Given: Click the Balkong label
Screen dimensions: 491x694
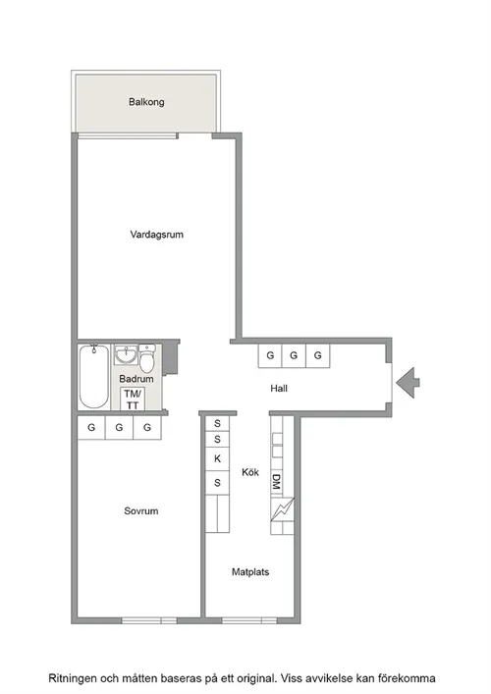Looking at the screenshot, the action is coord(146,102).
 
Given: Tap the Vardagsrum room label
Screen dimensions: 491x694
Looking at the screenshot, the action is coord(157,235).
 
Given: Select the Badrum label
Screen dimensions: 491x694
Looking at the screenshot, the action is coord(136,379).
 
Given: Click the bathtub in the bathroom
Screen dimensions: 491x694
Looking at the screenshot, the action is coord(94,376).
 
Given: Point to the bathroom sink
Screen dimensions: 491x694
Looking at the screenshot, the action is coord(127,354).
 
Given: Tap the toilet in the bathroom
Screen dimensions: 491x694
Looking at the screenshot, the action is coord(147,358).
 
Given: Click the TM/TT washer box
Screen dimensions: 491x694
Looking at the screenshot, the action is coord(133,399).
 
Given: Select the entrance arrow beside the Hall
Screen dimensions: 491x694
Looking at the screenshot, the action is coord(408,383).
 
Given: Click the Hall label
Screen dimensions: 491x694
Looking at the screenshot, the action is coord(279,389).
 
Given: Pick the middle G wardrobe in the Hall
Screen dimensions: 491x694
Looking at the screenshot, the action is coord(294,355).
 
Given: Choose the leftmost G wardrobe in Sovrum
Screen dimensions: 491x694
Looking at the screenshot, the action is coord(91,428).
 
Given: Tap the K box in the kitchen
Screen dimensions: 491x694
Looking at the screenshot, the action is coord(217,459).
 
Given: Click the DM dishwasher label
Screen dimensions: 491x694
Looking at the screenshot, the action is coord(276,482).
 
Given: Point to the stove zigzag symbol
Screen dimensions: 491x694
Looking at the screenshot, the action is coord(282,509).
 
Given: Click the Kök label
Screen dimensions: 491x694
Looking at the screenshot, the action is coord(250,472).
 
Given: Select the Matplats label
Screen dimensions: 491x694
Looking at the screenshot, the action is coord(250,572).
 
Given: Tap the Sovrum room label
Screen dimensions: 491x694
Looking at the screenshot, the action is coord(140,510).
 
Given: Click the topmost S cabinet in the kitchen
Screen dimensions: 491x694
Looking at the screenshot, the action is coord(217,424).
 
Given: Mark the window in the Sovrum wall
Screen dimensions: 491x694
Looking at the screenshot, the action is coord(149,620).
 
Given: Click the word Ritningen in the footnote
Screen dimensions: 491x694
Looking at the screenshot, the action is coord(72,678).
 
